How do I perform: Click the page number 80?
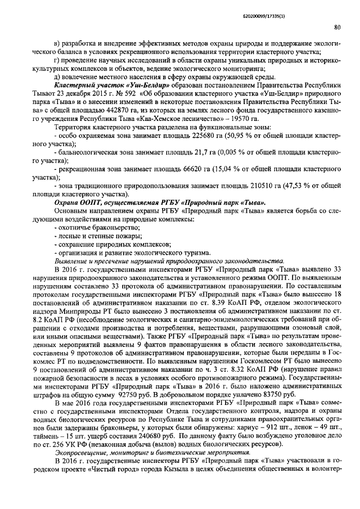(x=336, y=26)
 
